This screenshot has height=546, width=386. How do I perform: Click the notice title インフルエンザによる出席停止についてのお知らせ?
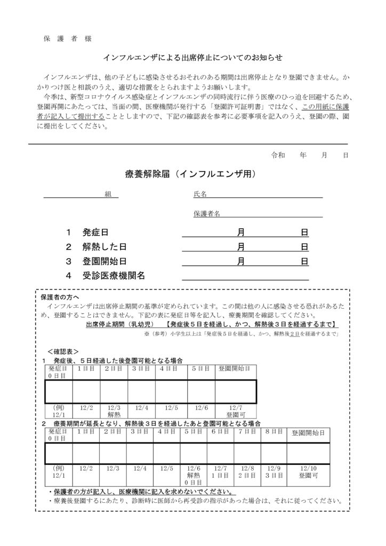coord(192,57)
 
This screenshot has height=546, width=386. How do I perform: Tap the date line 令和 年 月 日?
coord(310,155)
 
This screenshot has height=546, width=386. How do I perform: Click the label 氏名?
coord(200,194)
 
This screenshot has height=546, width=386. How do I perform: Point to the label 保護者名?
coord(206,214)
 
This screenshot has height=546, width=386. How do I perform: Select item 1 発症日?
coord(87,232)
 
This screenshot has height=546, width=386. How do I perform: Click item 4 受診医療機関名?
coord(106,276)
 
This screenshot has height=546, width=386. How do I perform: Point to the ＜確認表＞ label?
coord(63,352)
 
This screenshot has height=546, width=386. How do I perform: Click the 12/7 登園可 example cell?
coord(235,411)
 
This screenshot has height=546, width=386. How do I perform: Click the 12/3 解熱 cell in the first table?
coord(114,411)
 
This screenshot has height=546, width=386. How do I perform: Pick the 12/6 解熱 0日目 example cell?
coord(193,475)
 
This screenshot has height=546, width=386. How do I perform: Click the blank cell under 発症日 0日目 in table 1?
coord(59,391)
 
